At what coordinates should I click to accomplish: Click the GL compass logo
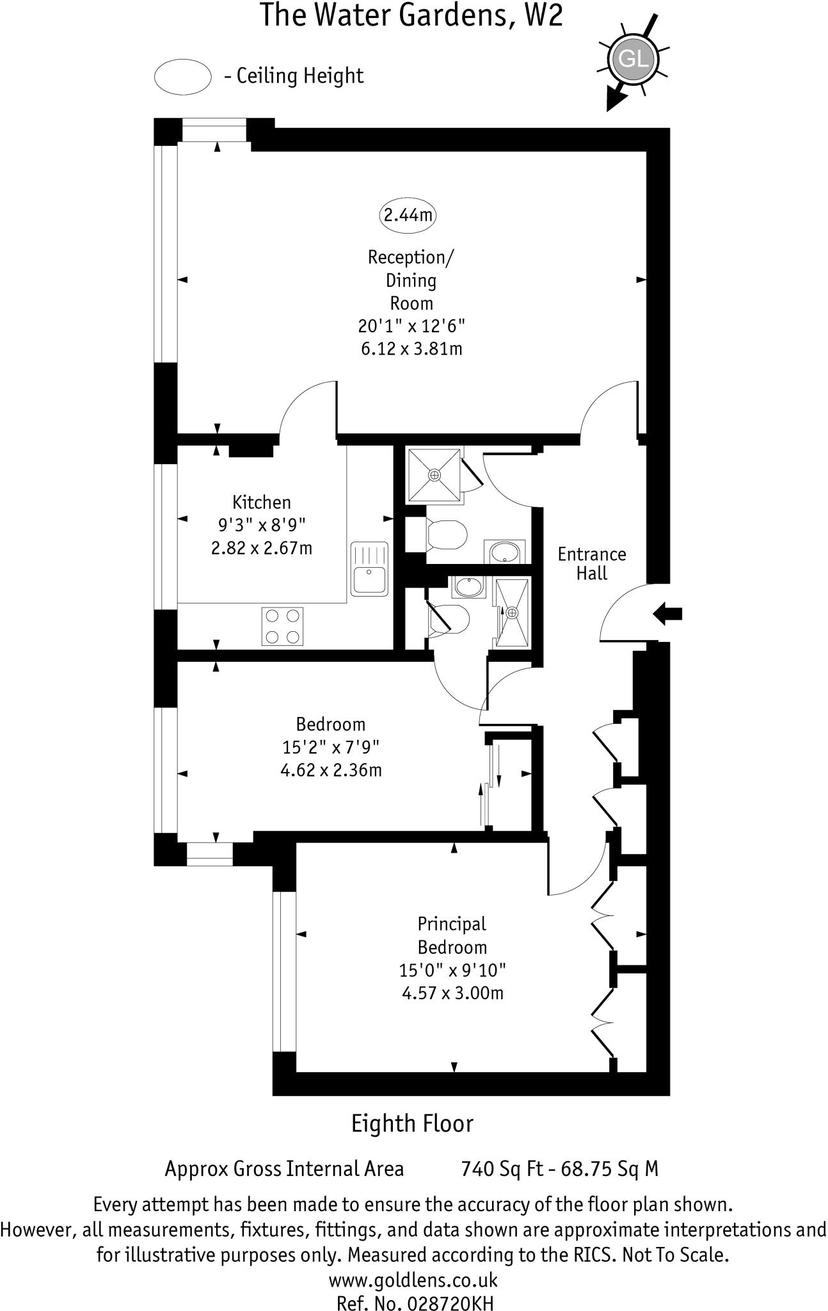click(x=633, y=60)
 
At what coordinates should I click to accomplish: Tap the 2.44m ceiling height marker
click(x=408, y=214)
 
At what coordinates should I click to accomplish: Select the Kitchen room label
click(x=261, y=502)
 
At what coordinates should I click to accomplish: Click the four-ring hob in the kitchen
click(x=282, y=626)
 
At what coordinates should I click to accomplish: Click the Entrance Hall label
click(x=592, y=563)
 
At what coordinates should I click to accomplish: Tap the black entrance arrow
click(x=667, y=614)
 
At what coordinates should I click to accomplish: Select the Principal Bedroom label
click(x=452, y=935)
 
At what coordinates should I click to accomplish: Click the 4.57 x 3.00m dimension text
click(x=452, y=993)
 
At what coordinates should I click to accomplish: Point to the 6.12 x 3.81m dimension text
click(x=411, y=349)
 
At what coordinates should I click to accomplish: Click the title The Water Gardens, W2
click(x=411, y=15)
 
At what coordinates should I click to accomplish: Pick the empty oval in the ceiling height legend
click(x=183, y=76)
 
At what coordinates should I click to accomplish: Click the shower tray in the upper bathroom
click(x=434, y=474)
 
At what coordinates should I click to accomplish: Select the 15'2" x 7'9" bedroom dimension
click(x=331, y=746)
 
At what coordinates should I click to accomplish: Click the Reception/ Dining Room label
click(x=411, y=280)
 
